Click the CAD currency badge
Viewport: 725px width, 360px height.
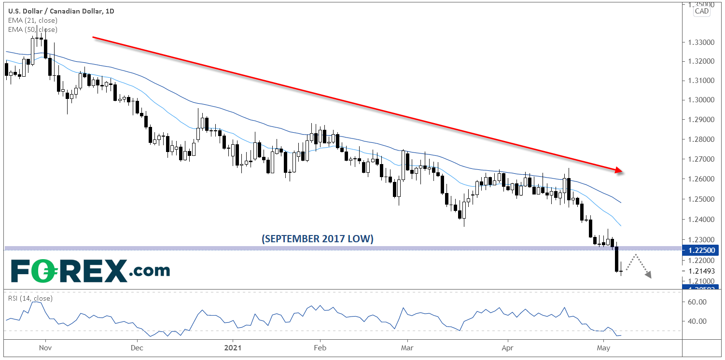[701, 11]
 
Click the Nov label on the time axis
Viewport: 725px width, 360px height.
[44, 347]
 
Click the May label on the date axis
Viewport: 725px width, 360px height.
[603, 347]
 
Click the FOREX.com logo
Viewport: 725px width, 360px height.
[90, 271]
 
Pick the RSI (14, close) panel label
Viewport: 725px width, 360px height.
[30, 298]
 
